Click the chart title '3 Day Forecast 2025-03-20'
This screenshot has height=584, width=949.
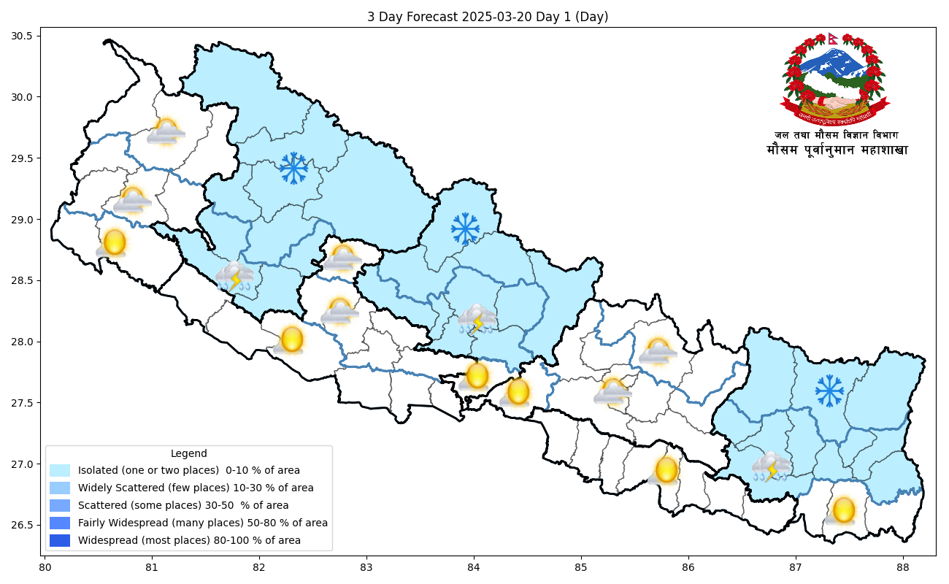[487, 17]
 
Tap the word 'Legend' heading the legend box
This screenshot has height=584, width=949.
[188, 453]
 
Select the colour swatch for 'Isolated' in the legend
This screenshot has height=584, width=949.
[60, 471]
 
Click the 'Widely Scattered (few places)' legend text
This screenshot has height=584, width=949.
[196, 488]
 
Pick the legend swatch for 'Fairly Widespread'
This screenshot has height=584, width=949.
[60, 523]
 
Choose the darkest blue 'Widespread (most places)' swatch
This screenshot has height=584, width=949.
[60, 541]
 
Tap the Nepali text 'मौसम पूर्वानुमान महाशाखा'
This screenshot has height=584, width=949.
[837, 150]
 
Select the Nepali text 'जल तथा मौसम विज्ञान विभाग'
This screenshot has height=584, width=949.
[837, 135]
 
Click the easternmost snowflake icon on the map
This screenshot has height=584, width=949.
[829, 391]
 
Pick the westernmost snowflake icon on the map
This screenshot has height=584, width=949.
[293, 169]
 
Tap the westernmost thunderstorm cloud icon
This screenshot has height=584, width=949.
[234, 277]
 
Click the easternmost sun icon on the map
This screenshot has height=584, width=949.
[842, 510]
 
